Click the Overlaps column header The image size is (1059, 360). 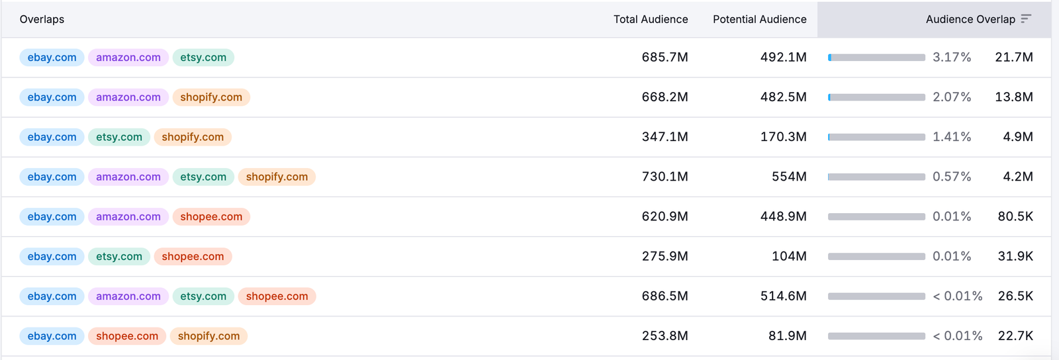(x=42, y=19)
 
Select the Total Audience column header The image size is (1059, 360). (x=650, y=19)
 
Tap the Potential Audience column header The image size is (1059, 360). (x=759, y=19)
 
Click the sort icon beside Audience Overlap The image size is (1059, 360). (x=1026, y=19)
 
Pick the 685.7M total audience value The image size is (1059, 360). (x=665, y=58)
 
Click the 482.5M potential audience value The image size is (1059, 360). (x=783, y=97)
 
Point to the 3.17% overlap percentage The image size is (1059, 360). (x=952, y=58)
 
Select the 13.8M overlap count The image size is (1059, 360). (x=1013, y=97)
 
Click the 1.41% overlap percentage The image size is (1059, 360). (x=952, y=137)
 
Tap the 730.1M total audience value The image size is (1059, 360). (x=665, y=177)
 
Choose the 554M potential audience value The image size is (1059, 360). (x=789, y=177)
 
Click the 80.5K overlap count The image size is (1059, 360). (x=1015, y=216)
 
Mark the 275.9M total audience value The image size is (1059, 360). (x=665, y=256)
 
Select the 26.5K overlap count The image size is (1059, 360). (x=1015, y=296)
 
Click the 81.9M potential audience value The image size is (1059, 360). (x=787, y=336)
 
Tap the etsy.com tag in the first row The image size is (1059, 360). (x=203, y=58)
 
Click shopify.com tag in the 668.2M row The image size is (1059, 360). (x=211, y=97)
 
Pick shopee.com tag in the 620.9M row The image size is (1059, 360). (x=211, y=216)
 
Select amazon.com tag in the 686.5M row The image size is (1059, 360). (x=128, y=296)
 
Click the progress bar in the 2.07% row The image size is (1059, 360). (x=876, y=97)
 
